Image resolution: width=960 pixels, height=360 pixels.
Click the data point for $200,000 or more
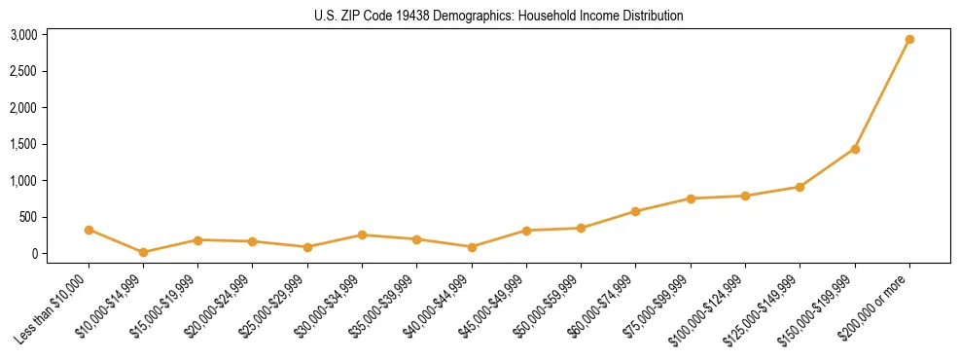(909, 40)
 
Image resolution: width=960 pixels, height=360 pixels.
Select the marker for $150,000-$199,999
(855, 149)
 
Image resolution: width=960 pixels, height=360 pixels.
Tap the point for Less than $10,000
(89, 230)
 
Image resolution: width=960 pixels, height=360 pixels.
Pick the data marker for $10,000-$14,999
(143, 252)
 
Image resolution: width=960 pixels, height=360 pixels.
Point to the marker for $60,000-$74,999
(635, 211)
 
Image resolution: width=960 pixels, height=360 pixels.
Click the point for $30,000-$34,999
(362, 234)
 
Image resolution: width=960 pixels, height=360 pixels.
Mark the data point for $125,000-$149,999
(800, 187)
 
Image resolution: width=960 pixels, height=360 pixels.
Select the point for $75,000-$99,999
(691, 198)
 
